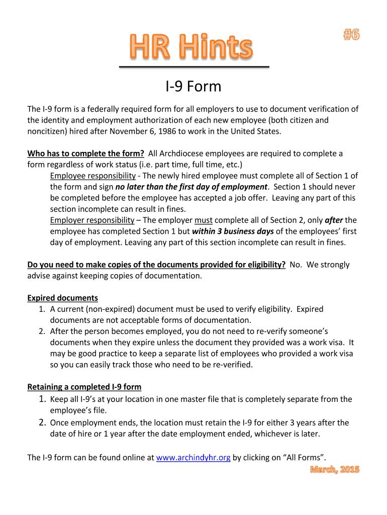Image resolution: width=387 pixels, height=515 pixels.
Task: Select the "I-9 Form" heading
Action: pos(193,87)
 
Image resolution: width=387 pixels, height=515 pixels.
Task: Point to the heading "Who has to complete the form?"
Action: pos(86,153)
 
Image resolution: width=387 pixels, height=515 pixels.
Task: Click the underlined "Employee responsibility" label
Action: pos(93,176)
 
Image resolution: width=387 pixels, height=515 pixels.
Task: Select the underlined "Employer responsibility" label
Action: pos(92,220)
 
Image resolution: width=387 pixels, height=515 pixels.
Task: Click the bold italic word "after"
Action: pos(334,220)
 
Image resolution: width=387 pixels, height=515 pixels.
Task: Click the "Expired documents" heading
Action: pos(62,298)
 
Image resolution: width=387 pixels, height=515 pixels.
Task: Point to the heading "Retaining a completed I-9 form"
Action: pos(84,387)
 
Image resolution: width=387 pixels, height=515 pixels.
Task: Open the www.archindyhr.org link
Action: pos(193,457)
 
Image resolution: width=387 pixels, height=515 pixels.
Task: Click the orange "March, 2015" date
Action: pos(334,469)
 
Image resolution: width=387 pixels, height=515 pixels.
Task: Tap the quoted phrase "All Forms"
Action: pos(305,457)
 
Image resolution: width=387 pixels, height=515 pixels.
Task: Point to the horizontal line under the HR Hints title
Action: pos(194,66)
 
